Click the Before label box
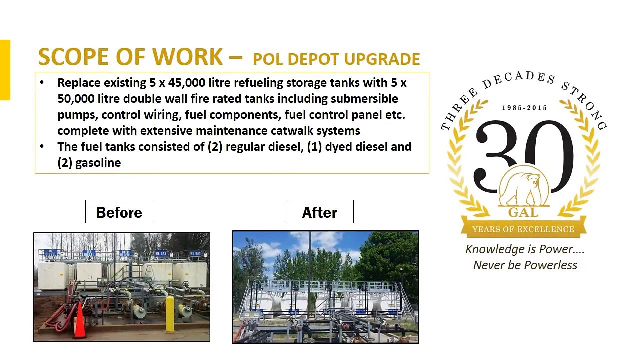click(119, 212)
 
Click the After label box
click(319, 212)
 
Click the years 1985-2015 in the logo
click(524, 108)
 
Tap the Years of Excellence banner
click(523, 229)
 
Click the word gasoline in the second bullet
click(98, 163)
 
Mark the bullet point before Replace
click(42, 83)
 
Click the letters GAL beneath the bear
click(523, 213)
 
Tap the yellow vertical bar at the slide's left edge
click(5, 70)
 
